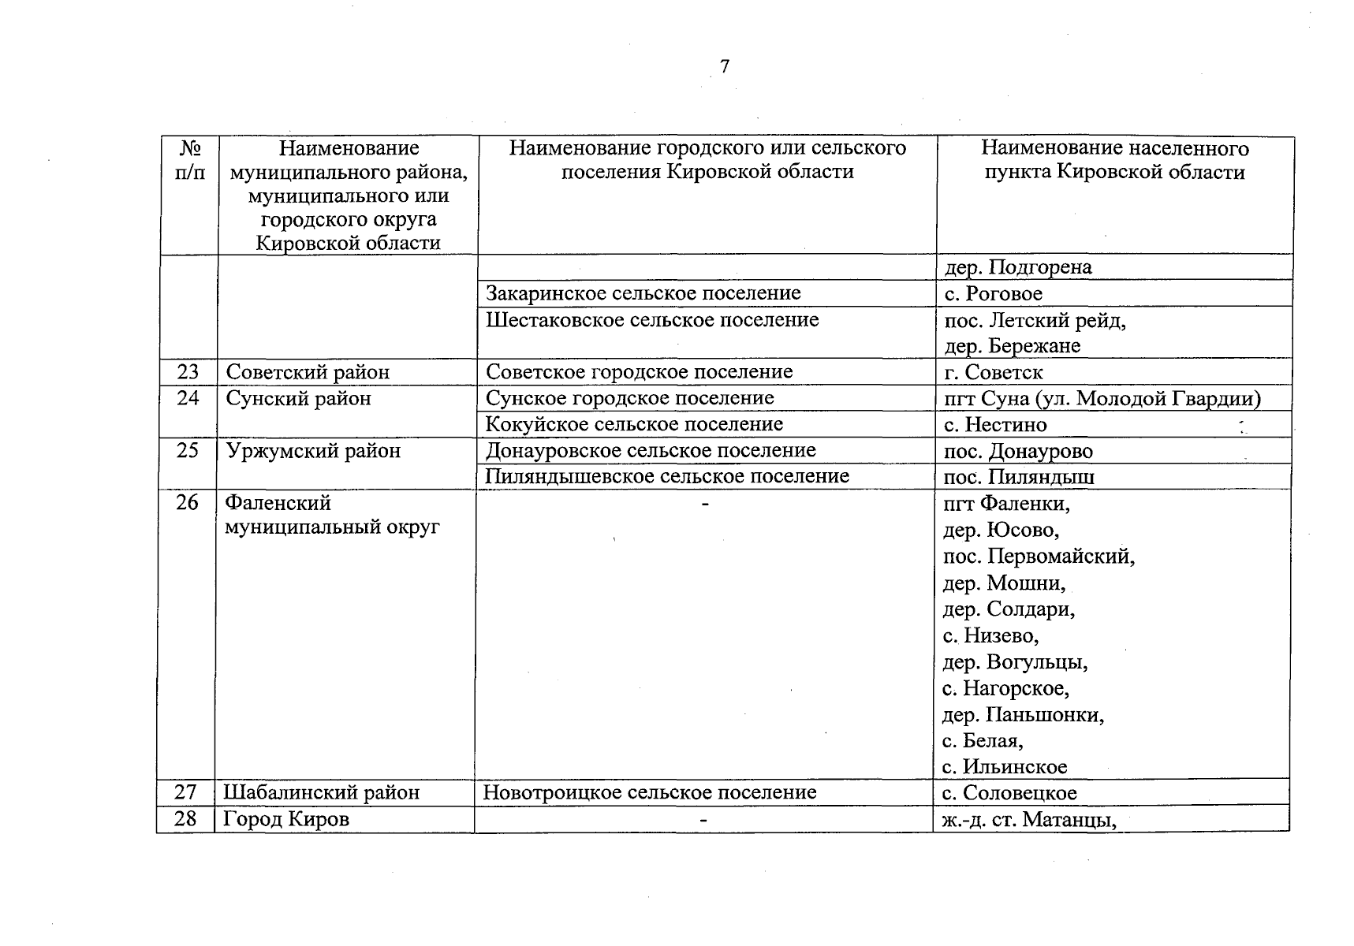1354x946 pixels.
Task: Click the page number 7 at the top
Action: [x=725, y=66]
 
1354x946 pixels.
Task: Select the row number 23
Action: [x=188, y=371]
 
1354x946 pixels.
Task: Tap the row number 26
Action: [x=187, y=502]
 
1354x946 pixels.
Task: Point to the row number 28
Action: [x=185, y=818]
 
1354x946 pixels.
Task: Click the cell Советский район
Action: [x=308, y=372]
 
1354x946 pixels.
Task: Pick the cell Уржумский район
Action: [x=313, y=451]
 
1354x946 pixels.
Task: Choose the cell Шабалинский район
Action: [x=321, y=792]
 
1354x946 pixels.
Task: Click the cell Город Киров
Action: [x=285, y=819]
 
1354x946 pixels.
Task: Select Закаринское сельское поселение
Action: [x=643, y=293]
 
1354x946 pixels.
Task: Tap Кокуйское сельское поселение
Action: [x=634, y=424]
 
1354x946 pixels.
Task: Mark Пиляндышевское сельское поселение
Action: [x=667, y=476]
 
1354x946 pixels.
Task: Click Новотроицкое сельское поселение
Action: [x=649, y=792]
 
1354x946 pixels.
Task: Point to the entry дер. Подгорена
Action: [x=1017, y=267]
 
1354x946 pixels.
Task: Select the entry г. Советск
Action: [x=993, y=372]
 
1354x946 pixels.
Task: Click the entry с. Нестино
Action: [x=995, y=425]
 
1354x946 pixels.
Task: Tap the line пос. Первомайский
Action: [x=1039, y=557]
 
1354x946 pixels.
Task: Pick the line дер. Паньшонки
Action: [x=1023, y=715]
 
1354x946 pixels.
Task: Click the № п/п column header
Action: [x=189, y=160]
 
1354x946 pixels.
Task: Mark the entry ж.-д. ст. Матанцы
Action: [x=1029, y=820]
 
